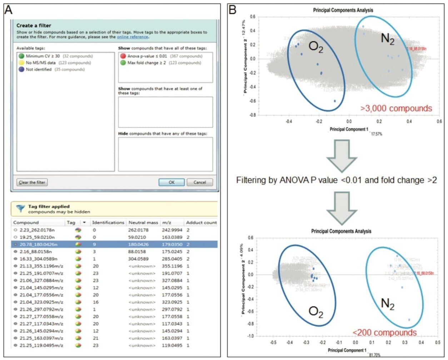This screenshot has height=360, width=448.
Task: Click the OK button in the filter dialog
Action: click(x=171, y=182)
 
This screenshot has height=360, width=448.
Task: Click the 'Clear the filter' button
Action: click(x=32, y=182)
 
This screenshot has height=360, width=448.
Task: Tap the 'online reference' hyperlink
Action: click(x=133, y=37)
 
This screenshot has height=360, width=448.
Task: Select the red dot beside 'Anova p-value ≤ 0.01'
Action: click(x=123, y=56)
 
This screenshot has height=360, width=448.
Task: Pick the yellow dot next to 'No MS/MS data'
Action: click(x=21, y=63)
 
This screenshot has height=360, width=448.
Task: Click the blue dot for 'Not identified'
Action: click(x=21, y=69)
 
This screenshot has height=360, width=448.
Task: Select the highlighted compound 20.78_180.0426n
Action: click(x=38, y=245)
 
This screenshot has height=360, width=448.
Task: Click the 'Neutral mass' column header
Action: click(x=143, y=222)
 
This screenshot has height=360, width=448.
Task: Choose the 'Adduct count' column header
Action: click(x=201, y=222)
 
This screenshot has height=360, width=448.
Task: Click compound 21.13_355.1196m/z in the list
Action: click(x=41, y=266)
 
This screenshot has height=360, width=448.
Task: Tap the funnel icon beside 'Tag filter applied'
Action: click(x=21, y=209)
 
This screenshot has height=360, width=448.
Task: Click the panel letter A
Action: click(x=8, y=10)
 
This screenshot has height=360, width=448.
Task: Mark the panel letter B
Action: click(x=233, y=10)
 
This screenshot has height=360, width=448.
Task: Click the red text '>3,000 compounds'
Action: click(x=396, y=108)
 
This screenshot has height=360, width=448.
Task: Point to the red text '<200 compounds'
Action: click(x=384, y=332)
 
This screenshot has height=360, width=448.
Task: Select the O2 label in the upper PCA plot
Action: click(x=316, y=47)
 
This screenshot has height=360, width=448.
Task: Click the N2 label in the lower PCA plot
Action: click(x=388, y=304)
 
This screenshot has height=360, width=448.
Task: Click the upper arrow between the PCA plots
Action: click(x=342, y=155)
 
